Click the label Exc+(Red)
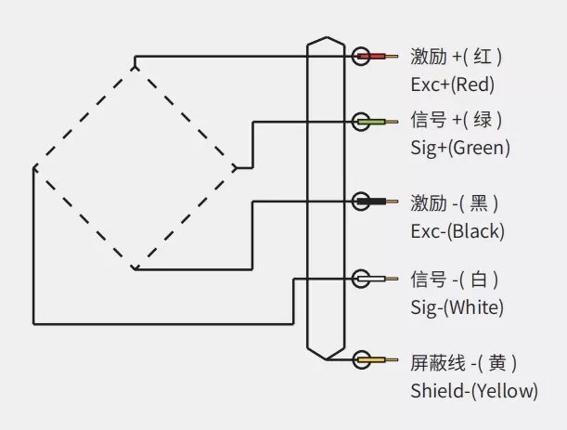coord(452,84)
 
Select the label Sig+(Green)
coord(459,147)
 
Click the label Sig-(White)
coord(457,307)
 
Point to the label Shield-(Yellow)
coord(473,391)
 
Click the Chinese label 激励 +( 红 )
coord(456,57)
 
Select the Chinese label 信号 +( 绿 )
coord(456,120)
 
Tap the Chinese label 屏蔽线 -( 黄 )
coord(463,362)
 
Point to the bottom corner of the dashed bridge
coord(135,269)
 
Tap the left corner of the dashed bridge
coord(34,168)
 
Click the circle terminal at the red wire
coord(361,57)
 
